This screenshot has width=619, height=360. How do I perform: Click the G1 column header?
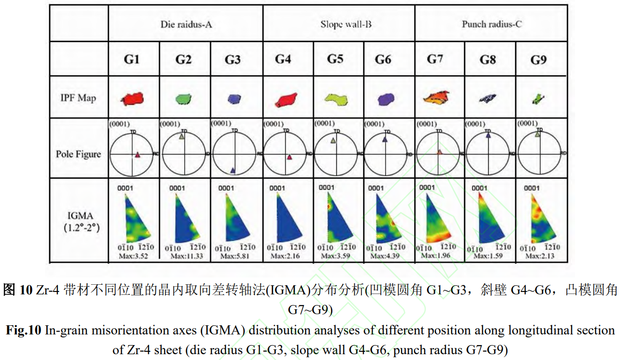pos(131,59)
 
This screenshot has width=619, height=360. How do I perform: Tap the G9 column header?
pos(538,60)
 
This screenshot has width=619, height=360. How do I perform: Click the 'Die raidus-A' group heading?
pos(186,24)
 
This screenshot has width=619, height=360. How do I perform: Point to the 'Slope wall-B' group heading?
pos(339,24)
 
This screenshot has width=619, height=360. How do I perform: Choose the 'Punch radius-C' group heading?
pos(492,24)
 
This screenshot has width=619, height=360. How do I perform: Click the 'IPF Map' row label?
pos(79,98)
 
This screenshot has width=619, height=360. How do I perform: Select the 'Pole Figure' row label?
pos(79,154)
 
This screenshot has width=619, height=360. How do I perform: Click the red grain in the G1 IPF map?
pos(133,99)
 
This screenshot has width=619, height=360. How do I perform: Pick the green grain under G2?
pos(183,99)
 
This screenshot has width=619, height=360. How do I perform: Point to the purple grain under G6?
pos(385,99)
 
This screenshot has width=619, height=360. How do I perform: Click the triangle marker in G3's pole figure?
pos(233,170)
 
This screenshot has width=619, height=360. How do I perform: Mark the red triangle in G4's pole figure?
pos(289,157)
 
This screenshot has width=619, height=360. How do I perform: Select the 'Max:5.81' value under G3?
pos(234,256)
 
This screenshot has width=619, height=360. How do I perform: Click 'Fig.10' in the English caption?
pos(24,331)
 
